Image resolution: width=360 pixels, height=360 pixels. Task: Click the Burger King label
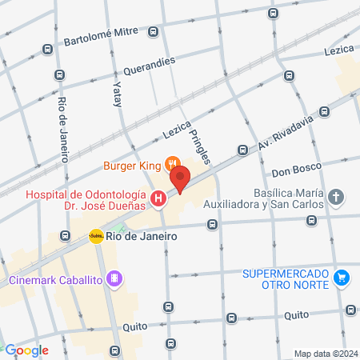click(132, 167)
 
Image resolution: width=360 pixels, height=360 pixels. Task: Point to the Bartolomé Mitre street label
click(101, 38)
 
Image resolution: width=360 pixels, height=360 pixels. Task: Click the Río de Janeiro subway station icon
click(96, 236)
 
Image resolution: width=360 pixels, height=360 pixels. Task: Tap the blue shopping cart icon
click(342, 278)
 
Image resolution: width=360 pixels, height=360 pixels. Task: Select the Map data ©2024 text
click(326, 354)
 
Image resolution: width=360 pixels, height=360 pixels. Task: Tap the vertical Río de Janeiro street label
click(63, 128)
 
